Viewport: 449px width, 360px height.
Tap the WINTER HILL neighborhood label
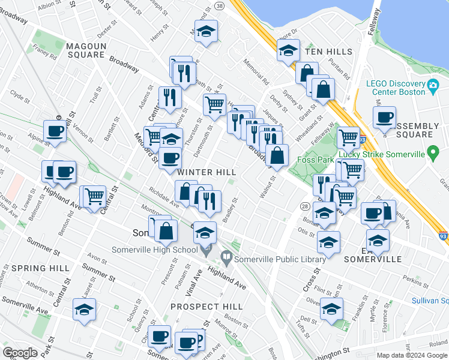(206, 172)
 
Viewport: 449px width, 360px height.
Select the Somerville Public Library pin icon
(226, 259)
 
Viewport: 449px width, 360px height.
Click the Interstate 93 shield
(442, 238)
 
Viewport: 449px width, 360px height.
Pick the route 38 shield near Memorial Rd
(219, 5)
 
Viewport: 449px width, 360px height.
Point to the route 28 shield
(305, 206)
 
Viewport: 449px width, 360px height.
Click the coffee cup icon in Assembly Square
(384, 117)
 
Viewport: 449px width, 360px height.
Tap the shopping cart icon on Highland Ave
(94, 196)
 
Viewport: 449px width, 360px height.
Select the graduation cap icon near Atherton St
(84, 310)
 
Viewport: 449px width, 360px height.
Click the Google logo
(20, 353)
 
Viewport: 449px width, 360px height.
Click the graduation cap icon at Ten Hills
(288, 51)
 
